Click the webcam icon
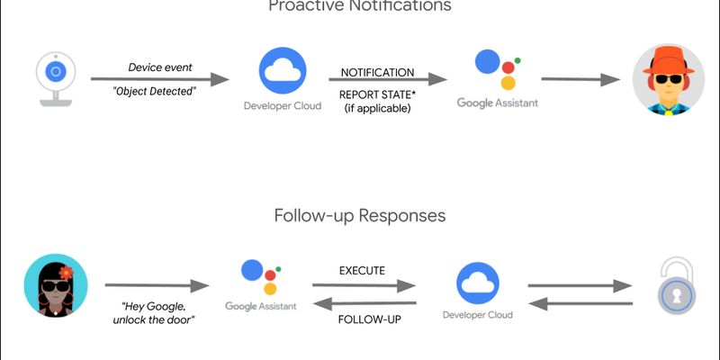tap(55, 78)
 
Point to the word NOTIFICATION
tap(377, 72)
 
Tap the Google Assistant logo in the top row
tap(496, 69)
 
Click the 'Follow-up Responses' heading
tap(360, 217)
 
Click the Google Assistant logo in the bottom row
tap(262, 279)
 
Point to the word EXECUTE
tap(364, 270)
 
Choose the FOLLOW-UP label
tap(364, 319)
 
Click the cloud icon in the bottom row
tap(478, 283)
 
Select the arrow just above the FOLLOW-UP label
tap(364, 303)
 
